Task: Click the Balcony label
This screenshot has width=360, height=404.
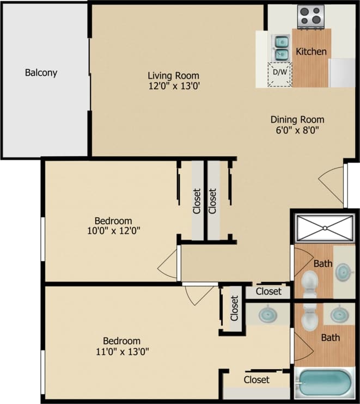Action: pos(41,72)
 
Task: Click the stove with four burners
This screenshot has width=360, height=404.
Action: pos(311,15)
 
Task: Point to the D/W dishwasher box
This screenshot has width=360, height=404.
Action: pos(280,73)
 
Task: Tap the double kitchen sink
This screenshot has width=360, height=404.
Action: pos(282,47)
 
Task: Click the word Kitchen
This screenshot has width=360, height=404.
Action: pos(311,52)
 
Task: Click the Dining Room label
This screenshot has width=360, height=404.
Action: pos(297,119)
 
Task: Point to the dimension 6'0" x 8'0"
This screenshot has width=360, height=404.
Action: pos(297,130)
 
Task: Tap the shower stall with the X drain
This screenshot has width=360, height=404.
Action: pos(324,228)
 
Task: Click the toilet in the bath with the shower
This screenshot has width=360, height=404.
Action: pos(310,282)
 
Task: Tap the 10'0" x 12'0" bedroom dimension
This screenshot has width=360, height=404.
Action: pos(113,231)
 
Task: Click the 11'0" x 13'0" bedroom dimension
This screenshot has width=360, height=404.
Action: pos(121,351)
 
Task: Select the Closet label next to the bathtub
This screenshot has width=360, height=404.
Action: pos(257,379)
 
